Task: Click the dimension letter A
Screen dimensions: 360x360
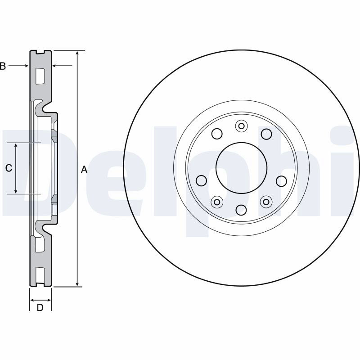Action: (x=85, y=170)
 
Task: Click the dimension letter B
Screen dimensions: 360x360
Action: (x=3, y=66)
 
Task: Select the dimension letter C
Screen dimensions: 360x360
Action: (x=9, y=168)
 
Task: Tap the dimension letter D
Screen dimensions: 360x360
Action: (x=40, y=307)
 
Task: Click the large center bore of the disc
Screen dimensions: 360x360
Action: (x=241, y=168)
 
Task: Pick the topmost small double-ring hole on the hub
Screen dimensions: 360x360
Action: (x=241, y=126)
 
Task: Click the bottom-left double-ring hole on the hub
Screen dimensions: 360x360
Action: (x=217, y=202)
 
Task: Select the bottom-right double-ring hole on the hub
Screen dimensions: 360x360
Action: (x=266, y=202)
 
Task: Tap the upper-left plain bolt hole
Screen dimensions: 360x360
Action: (x=217, y=134)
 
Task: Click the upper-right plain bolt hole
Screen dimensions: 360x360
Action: (x=266, y=134)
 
